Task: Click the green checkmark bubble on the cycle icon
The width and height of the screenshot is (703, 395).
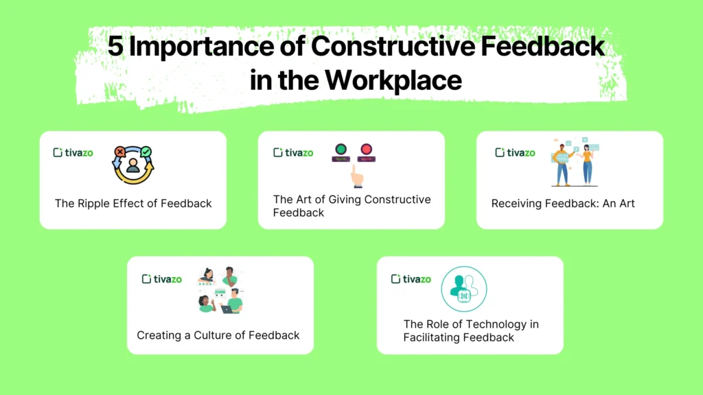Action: pos(146,152)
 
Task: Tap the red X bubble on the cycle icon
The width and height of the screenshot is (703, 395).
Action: pos(120,152)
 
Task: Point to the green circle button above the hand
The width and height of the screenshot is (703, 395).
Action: pos(341,149)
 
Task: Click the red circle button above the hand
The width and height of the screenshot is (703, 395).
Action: pos(366,149)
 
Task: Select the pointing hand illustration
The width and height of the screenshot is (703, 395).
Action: pos(356,176)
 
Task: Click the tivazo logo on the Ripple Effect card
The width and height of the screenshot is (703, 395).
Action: pos(73,152)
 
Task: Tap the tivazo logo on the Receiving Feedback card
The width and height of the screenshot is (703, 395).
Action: pos(515,152)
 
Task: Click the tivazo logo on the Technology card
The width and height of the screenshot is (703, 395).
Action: pos(411,279)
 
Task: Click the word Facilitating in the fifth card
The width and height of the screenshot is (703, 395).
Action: pos(433,337)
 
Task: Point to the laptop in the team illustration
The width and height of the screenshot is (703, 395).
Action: pos(227,309)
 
